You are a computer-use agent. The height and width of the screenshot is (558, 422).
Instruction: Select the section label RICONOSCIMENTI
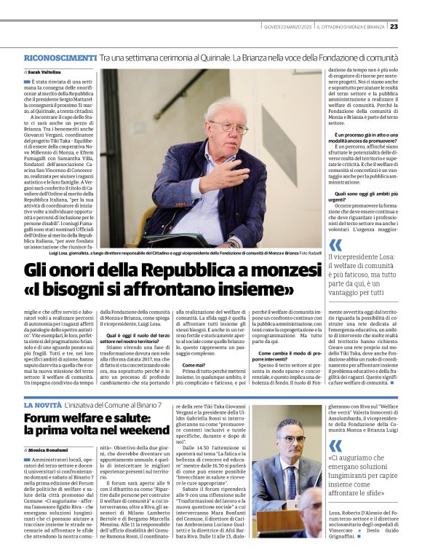(x=60, y=57)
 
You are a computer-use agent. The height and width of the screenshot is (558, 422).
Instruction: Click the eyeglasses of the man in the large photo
(x=228, y=127)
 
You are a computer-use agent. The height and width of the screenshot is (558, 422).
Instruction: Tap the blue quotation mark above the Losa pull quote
(x=335, y=245)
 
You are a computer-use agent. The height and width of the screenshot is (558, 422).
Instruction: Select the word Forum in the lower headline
(x=41, y=417)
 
